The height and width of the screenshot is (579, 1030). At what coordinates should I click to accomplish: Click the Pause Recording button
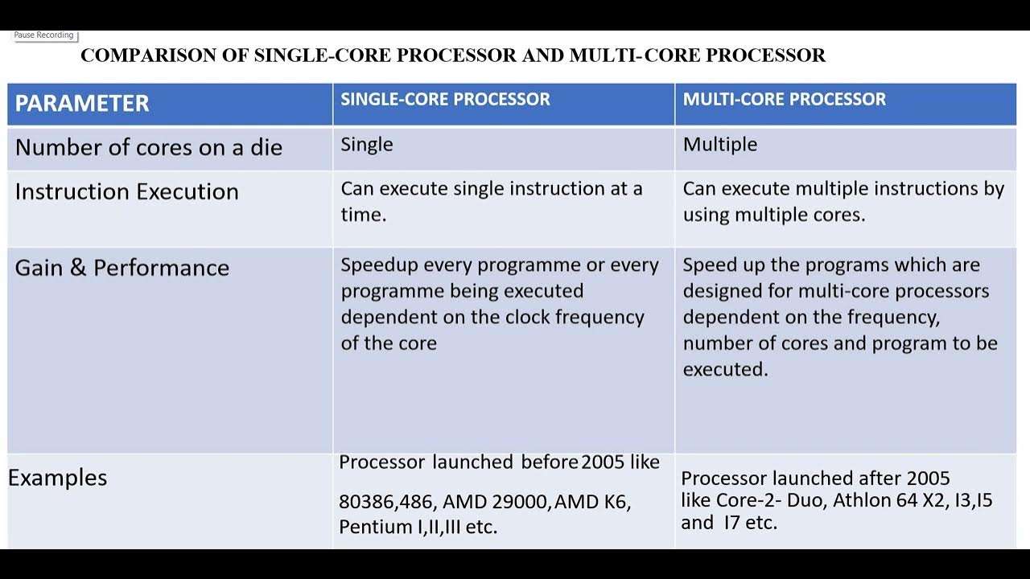(43, 35)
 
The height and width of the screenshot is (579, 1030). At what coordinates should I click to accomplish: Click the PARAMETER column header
(82, 104)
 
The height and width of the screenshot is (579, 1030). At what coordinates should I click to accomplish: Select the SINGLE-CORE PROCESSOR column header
(445, 100)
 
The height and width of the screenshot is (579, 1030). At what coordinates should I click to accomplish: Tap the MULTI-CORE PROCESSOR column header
(784, 100)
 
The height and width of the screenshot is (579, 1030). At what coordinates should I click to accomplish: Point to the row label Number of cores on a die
(148, 148)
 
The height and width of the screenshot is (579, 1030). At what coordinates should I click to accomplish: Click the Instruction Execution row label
(126, 192)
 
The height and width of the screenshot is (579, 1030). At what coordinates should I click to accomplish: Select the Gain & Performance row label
(122, 268)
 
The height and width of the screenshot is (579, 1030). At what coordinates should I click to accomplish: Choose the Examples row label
(57, 478)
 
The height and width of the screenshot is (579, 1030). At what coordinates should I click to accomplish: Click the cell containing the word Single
(367, 145)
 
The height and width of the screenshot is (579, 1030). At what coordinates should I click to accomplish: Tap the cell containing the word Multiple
(719, 145)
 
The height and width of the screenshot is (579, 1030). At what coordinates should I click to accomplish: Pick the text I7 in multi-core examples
(731, 523)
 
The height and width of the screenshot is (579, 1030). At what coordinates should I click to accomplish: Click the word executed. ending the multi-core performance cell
(725, 369)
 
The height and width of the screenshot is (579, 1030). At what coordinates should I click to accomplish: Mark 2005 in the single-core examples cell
(608, 462)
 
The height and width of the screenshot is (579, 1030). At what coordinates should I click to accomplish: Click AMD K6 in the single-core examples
(591, 503)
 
